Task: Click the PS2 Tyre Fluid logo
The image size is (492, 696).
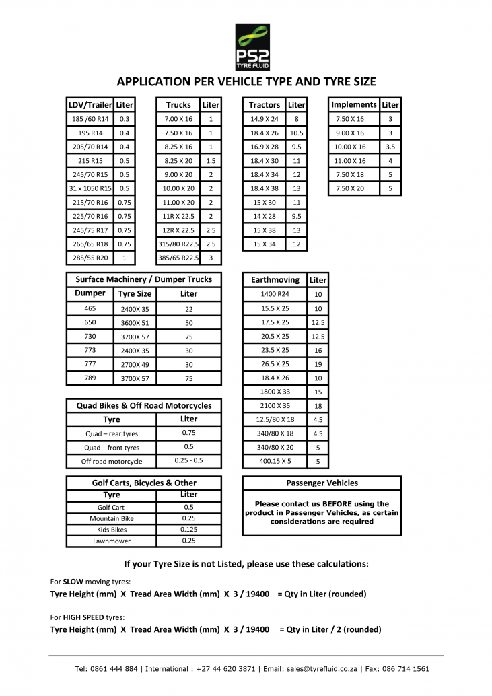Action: tap(252, 47)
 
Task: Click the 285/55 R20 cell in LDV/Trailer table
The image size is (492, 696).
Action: tap(90, 258)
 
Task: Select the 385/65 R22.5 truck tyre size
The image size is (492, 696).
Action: tap(178, 258)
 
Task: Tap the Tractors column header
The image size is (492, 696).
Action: tap(264, 105)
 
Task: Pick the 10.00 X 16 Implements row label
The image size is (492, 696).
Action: tap(350, 147)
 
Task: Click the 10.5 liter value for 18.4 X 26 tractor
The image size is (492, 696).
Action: tap(296, 133)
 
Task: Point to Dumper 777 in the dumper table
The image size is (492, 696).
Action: tap(90, 364)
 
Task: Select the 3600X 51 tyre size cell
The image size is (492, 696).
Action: tap(135, 322)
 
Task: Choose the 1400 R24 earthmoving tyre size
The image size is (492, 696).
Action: tap(275, 294)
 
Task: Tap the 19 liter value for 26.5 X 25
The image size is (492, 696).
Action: tap(318, 364)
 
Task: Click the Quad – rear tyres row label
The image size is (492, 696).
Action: tap(112, 434)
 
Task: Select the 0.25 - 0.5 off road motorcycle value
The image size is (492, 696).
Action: tap(188, 461)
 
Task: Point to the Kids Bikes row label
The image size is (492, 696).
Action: tap(112, 530)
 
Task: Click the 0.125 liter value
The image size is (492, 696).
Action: tap(188, 530)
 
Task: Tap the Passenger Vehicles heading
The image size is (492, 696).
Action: tap(322, 483)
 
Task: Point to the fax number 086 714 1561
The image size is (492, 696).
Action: tap(407, 669)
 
